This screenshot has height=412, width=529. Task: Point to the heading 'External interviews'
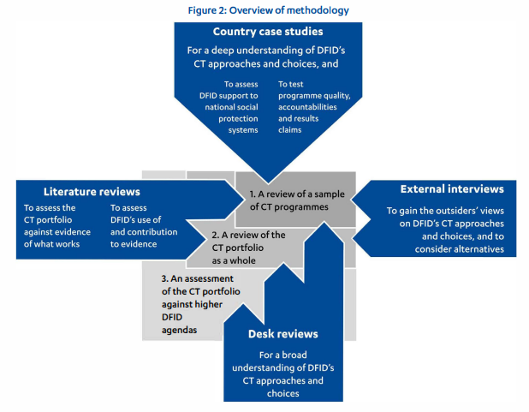coord(451,188)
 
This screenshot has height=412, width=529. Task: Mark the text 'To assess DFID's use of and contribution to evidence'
coord(143,225)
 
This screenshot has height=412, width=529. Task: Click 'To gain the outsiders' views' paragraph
coord(451,230)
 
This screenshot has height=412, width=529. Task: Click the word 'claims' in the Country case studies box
coord(292,130)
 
